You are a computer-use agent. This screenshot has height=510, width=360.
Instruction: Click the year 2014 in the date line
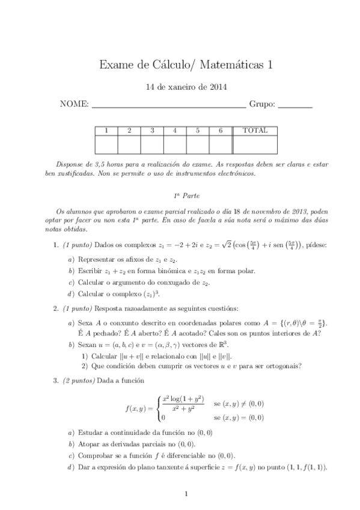(201, 87)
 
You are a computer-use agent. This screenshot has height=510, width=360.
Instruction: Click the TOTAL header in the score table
(255, 131)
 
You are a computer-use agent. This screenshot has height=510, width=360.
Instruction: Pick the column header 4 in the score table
(174, 131)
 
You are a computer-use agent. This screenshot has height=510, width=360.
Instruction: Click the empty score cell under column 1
(106, 144)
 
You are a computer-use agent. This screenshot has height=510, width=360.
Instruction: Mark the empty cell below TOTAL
(255, 144)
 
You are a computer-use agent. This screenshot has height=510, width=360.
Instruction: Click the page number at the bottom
(186, 494)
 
